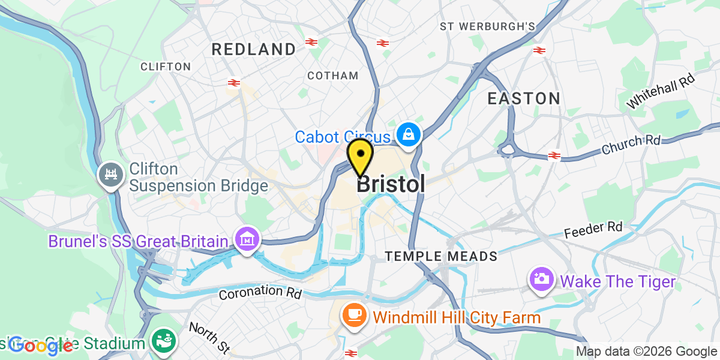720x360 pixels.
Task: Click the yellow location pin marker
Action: coord(361,156)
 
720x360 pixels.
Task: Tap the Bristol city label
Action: coord(391,184)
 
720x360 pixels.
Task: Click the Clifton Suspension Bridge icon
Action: coord(110,176)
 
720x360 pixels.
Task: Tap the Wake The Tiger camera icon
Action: coord(541,280)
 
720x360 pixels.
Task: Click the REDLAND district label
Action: coord(254,49)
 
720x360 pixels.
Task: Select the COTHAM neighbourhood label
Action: coord(332,76)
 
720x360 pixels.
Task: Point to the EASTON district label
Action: coord(524,98)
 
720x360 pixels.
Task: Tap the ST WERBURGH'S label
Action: coord(487,26)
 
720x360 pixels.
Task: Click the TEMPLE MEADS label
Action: coord(441,257)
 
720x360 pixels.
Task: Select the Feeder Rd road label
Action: coord(593,229)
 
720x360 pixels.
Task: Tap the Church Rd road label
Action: coord(631,145)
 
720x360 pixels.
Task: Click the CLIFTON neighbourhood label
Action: coord(166,67)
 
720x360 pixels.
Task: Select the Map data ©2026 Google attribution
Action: coord(647,352)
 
